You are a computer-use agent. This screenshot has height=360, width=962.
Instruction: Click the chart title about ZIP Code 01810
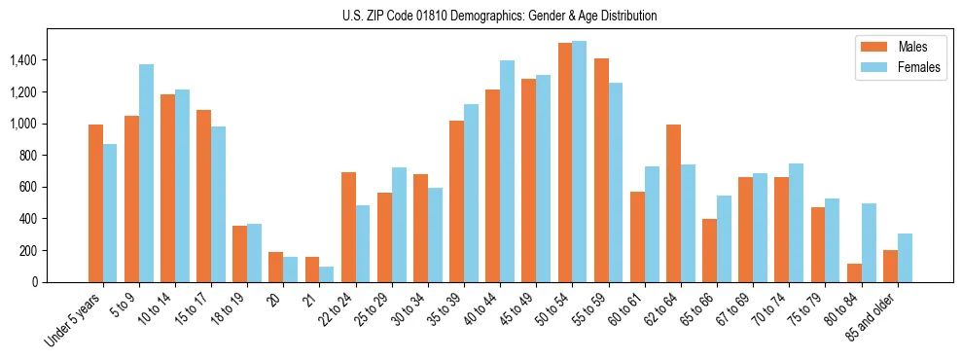coord(499,16)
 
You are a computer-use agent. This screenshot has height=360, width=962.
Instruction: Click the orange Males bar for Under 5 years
coord(95,203)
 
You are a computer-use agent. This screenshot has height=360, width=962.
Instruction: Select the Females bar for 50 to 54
coord(579,162)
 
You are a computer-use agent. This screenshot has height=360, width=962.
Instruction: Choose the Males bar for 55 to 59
coord(601,170)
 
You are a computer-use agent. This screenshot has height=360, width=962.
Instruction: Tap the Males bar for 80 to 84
coord(854,273)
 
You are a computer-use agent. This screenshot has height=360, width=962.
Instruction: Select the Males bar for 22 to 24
coord(348,227)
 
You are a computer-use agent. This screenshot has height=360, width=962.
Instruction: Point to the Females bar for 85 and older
coord(905,258)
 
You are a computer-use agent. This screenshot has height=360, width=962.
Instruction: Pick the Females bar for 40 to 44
coord(507,171)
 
